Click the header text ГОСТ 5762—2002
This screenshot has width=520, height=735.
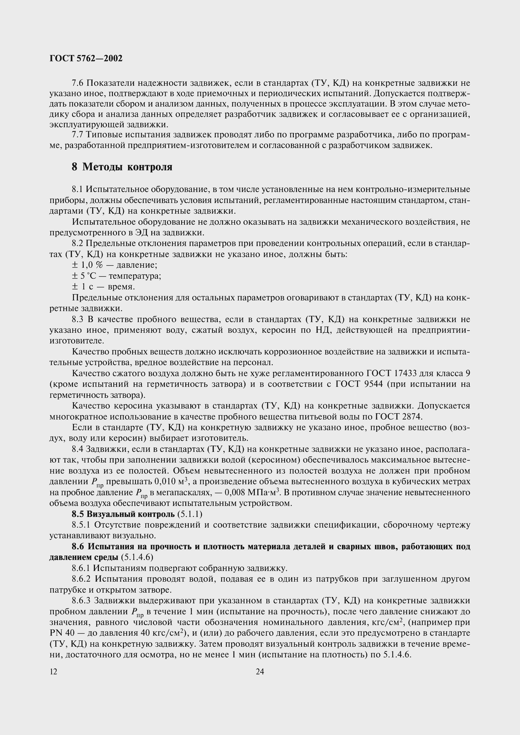86,58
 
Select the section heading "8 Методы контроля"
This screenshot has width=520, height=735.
122,167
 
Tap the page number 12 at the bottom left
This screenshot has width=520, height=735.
53,672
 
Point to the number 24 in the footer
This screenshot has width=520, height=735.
260,672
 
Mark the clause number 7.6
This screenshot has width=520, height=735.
77,83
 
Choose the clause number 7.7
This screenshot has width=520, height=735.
77,135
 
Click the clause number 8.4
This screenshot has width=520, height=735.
77,449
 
